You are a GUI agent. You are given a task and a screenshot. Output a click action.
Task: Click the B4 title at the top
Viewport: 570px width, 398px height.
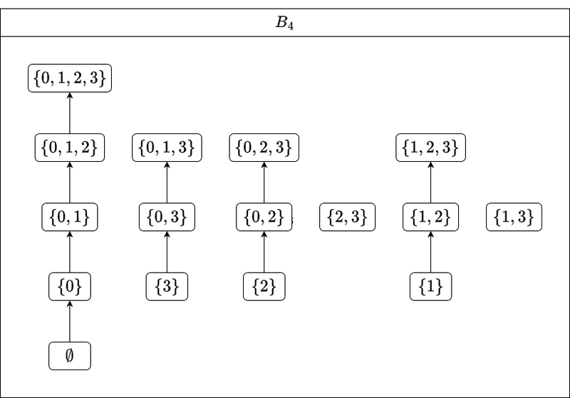pos(284,23)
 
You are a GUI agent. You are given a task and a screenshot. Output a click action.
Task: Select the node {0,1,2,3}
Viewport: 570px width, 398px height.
pos(70,78)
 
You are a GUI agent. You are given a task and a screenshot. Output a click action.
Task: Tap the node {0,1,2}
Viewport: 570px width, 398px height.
pos(70,148)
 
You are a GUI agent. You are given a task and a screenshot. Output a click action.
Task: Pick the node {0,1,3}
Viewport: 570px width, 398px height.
pos(167,148)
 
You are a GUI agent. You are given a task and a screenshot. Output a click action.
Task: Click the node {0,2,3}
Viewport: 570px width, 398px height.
pos(264,148)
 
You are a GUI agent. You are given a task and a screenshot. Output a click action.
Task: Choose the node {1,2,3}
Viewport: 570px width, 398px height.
pos(431,148)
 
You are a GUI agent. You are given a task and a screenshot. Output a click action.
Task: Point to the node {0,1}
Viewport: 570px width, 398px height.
pos(70,218)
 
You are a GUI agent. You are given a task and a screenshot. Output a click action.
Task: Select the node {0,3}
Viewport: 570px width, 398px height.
pos(167,218)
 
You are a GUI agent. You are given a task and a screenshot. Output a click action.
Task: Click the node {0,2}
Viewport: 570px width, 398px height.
pos(264,218)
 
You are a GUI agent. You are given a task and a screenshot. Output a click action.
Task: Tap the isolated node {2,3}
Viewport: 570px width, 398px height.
pos(348,218)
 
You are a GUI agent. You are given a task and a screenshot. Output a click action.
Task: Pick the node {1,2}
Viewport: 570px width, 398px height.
pos(431,218)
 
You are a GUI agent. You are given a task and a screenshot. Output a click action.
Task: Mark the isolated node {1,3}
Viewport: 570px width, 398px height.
pos(514,218)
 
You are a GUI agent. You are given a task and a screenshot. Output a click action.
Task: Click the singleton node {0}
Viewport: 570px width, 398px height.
pos(70,287)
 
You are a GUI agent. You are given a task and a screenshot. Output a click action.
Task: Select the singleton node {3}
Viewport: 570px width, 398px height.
pos(167,287)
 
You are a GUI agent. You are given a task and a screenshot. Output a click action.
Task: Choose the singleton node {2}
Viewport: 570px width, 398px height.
pos(264,287)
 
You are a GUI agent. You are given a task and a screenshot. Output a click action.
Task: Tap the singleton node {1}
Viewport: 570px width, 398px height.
pos(431,287)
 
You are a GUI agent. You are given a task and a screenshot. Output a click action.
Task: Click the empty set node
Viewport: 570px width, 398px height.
pos(70,356)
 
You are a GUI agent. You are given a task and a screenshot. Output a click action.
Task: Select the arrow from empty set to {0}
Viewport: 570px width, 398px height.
pos(70,321)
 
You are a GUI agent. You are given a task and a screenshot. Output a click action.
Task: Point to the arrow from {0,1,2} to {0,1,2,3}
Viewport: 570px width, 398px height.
pos(70,113)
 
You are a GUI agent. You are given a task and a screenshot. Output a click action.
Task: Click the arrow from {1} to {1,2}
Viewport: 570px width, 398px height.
pos(431,252)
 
